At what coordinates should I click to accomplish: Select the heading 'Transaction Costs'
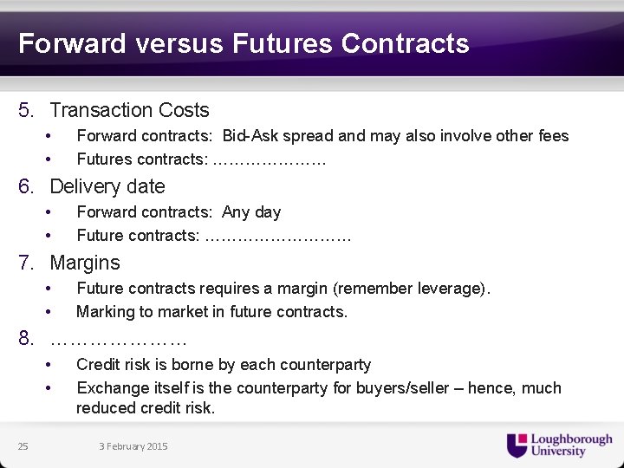click(129, 110)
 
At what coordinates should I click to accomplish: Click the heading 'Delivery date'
click(107, 186)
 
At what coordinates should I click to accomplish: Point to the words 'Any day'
click(251, 212)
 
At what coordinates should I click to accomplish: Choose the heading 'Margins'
click(85, 263)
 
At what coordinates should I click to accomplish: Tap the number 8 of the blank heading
click(25, 338)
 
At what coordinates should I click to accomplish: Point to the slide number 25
click(23, 446)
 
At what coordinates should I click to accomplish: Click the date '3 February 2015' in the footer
click(133, 446)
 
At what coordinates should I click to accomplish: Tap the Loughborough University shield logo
click(517, 445)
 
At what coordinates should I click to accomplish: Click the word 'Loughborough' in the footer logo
click(571, 440)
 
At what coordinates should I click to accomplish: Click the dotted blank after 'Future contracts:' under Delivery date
click(278, 236)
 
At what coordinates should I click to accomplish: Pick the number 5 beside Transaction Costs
click(25, 110)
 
